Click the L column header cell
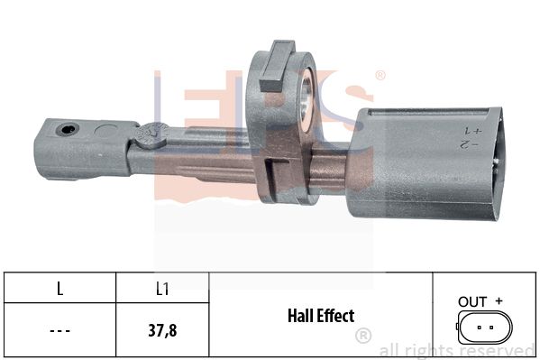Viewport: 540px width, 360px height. click(59, 289)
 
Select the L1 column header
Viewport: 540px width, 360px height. click(162, 289)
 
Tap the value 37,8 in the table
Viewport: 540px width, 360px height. click(162, 330)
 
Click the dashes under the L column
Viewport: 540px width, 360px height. click(59, 331)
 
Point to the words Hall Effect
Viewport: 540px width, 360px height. click(321, 316)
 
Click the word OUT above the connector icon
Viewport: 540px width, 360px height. click(472, 302)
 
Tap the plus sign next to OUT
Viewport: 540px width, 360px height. click(499, 301)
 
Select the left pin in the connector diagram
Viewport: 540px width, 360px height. click(479, 328)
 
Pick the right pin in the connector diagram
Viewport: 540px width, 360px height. click(491, 328)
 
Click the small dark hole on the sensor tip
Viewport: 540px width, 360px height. click(67, 129)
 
